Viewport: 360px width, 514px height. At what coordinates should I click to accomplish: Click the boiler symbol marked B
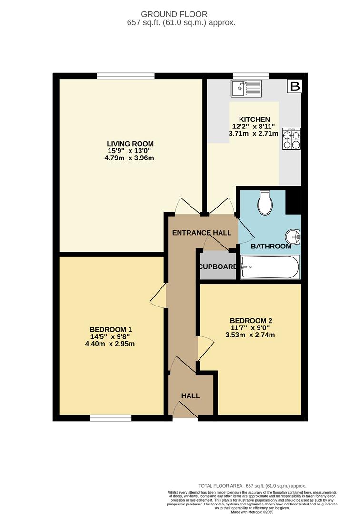295,86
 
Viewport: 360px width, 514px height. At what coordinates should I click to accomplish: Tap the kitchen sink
246,89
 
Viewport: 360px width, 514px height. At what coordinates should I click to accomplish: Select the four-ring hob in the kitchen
291,139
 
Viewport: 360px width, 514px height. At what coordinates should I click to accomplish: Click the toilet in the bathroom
265,203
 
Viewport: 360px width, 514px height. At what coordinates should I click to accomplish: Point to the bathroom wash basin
292,237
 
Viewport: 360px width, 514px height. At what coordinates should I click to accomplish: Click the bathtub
270,267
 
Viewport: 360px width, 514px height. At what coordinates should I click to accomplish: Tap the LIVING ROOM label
130,144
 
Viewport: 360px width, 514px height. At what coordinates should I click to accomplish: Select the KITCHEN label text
254,119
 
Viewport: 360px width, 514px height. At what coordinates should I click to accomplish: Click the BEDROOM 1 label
111,329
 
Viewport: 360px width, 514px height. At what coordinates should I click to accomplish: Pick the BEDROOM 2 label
251,321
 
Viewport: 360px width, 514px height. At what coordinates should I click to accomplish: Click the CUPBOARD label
218,267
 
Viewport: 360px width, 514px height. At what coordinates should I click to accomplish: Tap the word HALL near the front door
190,396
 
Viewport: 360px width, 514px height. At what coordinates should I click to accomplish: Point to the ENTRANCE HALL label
202,233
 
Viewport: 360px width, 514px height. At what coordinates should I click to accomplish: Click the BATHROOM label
271,246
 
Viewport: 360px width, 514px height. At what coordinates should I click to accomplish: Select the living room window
126,76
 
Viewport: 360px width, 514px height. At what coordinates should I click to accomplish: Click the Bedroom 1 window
111,418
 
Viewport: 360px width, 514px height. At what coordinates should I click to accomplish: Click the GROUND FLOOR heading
174,14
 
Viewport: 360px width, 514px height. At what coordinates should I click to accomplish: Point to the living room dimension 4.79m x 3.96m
129,158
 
